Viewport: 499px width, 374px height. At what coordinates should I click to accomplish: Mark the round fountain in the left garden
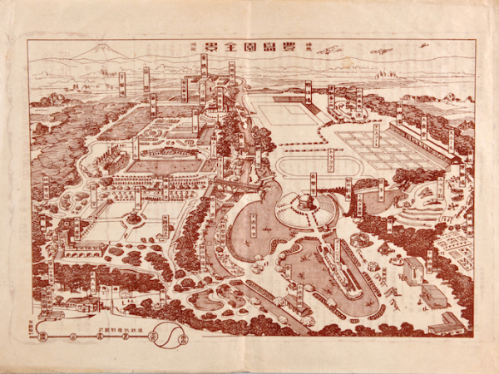pos(134,219)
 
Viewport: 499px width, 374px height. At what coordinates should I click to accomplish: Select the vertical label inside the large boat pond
pos(253,223)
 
